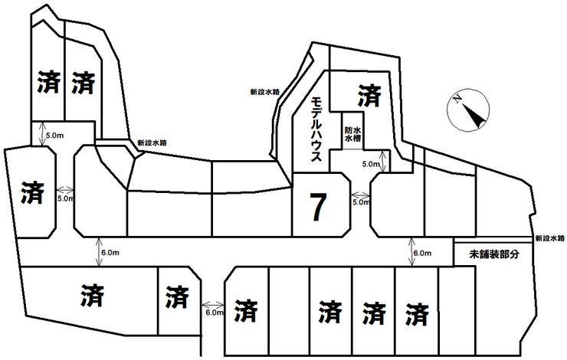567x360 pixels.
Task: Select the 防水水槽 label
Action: [353, 136]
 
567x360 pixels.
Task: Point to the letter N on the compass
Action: [456, 98]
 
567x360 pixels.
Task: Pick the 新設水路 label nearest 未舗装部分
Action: [550, 237]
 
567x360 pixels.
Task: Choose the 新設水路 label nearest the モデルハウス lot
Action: [264, 92]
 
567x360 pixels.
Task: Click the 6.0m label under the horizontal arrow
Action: [214, 313]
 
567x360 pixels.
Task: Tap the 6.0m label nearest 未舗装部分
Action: [423, 253]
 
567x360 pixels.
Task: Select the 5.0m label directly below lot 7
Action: [360, 203]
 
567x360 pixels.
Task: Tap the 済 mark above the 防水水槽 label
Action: [369, 96]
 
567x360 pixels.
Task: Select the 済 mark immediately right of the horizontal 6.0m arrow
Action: [245, 310]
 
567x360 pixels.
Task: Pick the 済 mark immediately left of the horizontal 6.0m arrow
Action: [177, 294]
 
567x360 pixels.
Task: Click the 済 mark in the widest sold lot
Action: [91, 293]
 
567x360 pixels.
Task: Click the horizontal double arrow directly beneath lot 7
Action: [360, 195]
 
